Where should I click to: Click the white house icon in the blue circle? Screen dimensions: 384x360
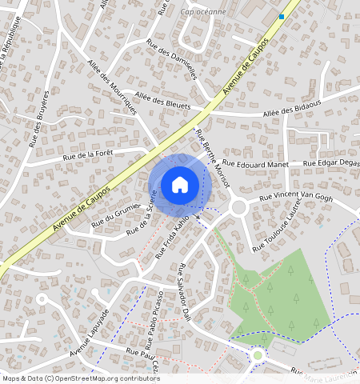tap(180, 185)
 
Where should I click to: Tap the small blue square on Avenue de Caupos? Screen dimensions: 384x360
tap(282, 16)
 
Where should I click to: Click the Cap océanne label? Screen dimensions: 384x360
tap(204, 12)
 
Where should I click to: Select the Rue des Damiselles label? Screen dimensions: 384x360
tap(171, 58)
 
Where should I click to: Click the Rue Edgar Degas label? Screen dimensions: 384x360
tap(330, 164)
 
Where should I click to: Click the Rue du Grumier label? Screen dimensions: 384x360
tap(116, 215)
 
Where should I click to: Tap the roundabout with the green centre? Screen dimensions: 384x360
tap(258, 354)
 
